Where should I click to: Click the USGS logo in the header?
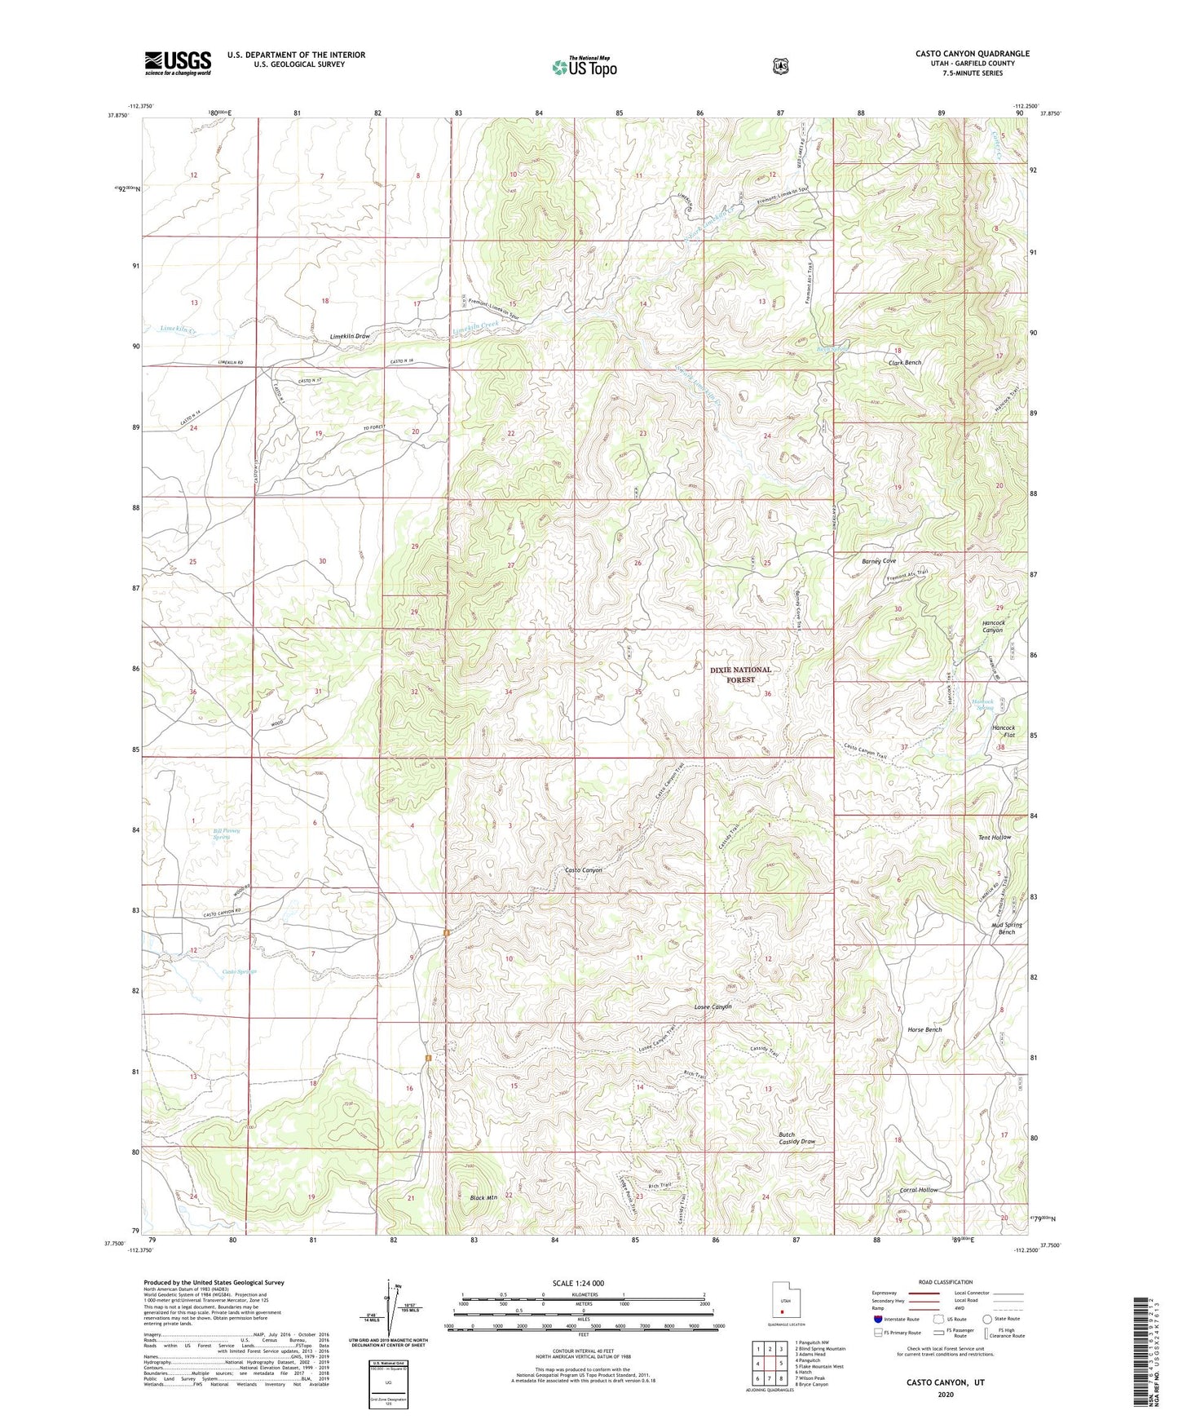click(178, 62)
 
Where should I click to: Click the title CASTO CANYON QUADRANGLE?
click(972, 54)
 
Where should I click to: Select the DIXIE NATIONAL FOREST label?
click(739, 674)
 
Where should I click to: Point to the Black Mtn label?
click(483, 1197)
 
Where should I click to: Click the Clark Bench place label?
click(904, 362)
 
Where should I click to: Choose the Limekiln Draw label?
click(350, 336)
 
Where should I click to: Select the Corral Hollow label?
click(919, 1190)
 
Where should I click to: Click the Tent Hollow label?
click(994, 838)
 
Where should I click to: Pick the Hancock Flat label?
click(1003, 731)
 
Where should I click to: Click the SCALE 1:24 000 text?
click(578, 1283)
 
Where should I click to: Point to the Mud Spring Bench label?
click(1007, 928)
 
